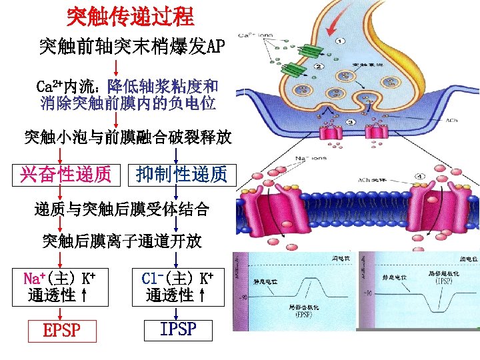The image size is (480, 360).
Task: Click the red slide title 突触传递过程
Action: [x=131, y=15]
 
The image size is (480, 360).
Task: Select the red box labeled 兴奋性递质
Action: [x=66, y=175]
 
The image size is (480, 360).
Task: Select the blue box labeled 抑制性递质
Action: [x=181, y=175]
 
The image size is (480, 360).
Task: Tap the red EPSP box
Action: [x=62, y=330]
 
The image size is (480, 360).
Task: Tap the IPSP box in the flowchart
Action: [x=178, y=329]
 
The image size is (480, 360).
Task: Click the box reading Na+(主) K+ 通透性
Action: [x=59, y=287]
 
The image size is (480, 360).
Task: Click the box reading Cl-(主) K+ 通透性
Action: [x=178, y=287]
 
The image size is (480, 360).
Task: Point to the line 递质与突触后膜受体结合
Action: [x=122, y=210]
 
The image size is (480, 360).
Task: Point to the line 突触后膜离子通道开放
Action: [x=122, y=241]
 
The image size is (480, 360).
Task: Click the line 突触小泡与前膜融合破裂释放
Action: [x=127, y=138]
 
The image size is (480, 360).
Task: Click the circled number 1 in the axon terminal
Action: [x=340, y=41]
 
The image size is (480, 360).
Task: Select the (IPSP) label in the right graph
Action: [x=443, y=282]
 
